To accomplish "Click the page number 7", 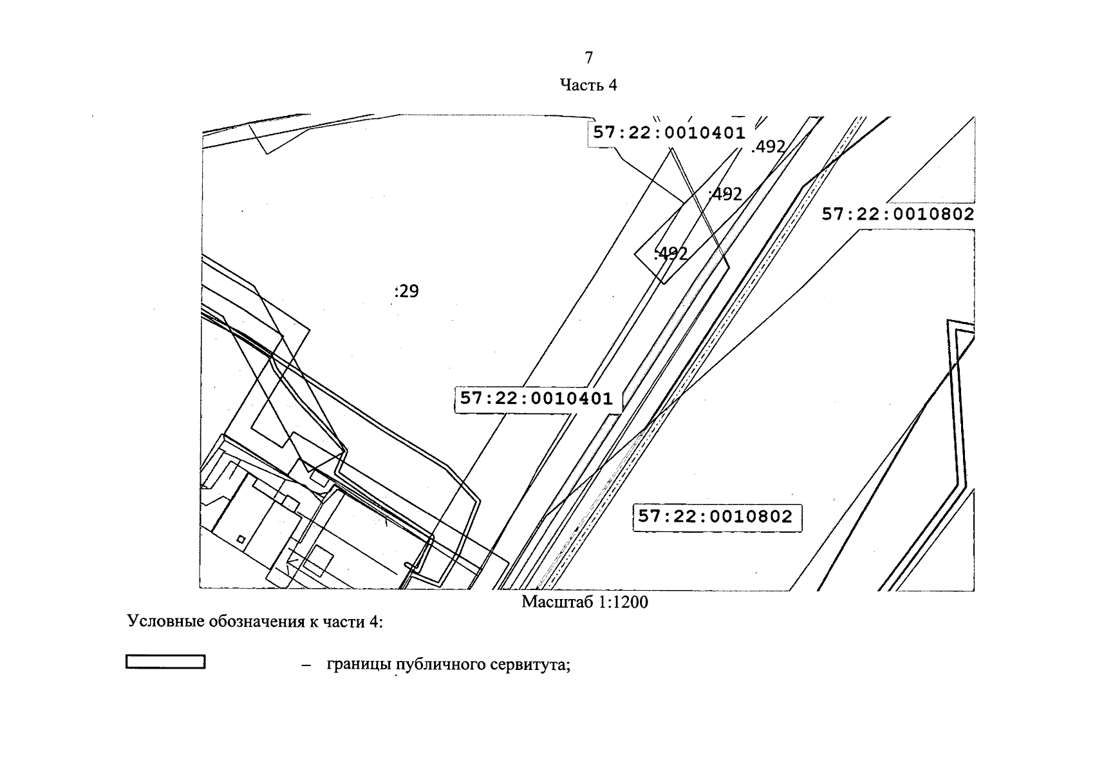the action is pos(588,58).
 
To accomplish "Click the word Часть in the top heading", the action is pos(581,85).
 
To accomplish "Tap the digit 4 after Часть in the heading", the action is pos(612,85).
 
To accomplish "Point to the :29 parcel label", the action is pos(406,292).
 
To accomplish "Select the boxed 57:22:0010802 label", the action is pos(716,517).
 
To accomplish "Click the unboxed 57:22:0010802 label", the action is pos(898,214).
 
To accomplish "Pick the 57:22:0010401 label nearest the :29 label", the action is pos(537,398).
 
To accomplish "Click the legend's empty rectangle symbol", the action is pos(165,662).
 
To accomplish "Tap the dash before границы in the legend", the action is pos(306,665).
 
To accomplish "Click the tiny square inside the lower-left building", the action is pos(241,539).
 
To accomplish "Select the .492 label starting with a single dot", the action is pos(769,148).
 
